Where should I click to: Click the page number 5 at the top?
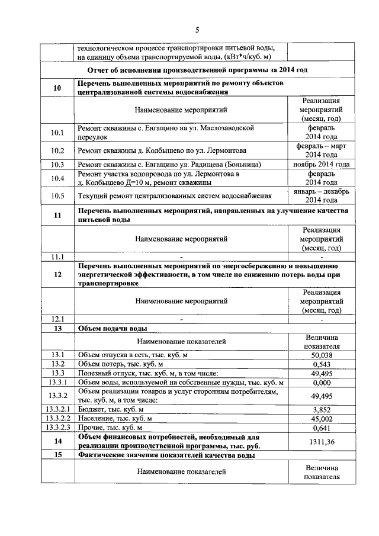point(197,30)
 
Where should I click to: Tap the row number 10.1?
point(57,132)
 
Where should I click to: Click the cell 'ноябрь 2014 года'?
point(321,165)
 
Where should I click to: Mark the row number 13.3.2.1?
point(57,409)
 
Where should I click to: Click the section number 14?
point(57,441)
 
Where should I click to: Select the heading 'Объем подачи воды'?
point(113,328)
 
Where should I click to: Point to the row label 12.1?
point(57,319)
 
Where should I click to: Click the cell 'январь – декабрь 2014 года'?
point(321,195)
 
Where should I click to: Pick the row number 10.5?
point(57,195)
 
